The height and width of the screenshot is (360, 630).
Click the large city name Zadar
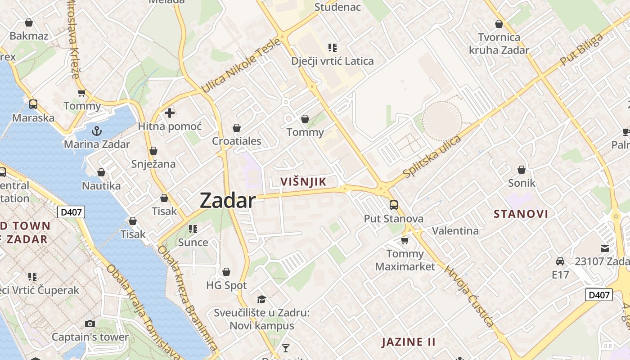(227, 200)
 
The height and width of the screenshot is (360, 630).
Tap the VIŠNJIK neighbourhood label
(303, 181)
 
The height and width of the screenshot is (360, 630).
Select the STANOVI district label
(521, 214)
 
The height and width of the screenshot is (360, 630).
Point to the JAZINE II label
(409, 342)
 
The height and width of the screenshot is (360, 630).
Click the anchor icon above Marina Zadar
(96, 131)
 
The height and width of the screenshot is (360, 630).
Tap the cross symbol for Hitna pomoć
(170, 113)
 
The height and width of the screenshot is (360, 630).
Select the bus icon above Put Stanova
(394, 205)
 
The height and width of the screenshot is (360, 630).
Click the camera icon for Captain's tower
(90, 324)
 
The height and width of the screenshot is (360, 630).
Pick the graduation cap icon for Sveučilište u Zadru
(261, 300)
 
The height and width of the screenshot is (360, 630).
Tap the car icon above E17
(560, 261)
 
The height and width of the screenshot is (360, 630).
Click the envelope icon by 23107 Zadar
(605, 248)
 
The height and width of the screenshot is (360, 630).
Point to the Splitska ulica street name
(432, 156)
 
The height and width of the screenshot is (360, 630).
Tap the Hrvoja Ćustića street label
(469, 296)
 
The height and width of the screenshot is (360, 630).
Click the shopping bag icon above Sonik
(522, 170)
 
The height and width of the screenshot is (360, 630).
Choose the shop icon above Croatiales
(237, 128)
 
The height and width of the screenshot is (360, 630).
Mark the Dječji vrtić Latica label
(332, 61)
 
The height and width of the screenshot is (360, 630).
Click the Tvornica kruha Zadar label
(499, 43)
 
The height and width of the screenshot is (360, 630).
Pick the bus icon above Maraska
(33, 104)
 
